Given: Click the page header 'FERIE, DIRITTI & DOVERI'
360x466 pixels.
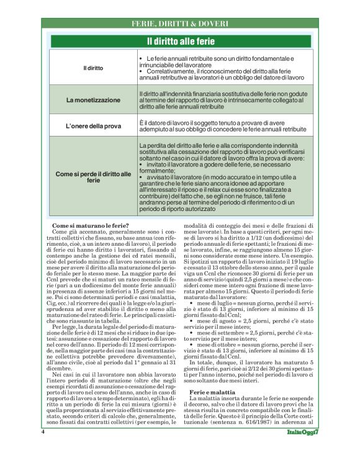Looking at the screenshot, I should (x=180, y=24).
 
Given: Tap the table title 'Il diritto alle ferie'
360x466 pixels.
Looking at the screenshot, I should (x=180, y=42).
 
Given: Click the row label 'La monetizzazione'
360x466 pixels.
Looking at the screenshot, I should (x=93, y=99).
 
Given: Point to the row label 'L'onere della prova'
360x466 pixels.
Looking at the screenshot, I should (x=93, y=126).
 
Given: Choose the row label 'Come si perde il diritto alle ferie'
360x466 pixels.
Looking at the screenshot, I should (x=93, y=176).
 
